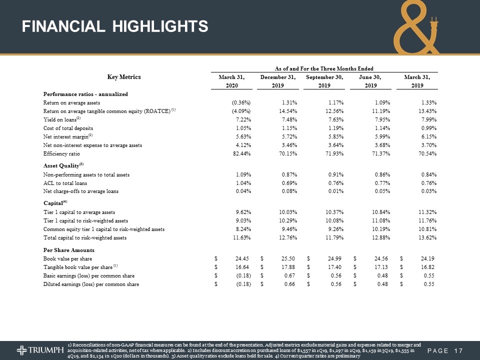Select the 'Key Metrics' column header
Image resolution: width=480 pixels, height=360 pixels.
(x=124, y=77)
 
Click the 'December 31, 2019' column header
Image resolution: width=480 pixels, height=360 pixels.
(x=278, y=81)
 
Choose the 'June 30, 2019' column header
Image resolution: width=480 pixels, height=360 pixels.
(x=370, y=81)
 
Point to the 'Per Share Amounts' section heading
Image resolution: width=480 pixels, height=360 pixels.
(x=68, y=249)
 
